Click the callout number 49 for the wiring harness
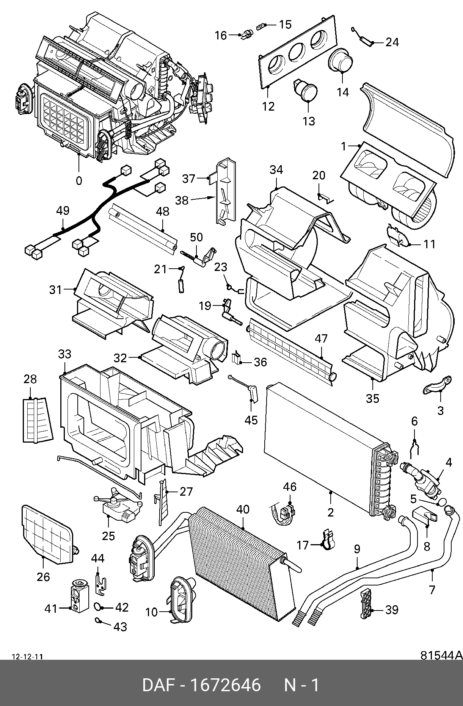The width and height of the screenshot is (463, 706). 63,211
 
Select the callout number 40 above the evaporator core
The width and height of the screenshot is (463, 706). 243,509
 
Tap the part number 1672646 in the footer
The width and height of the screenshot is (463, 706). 225,686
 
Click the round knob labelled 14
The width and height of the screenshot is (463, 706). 341,60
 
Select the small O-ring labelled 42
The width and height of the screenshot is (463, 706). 98,607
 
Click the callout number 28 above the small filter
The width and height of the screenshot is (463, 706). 30,379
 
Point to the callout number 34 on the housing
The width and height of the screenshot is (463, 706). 276,170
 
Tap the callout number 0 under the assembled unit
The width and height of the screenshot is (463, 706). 78,181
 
